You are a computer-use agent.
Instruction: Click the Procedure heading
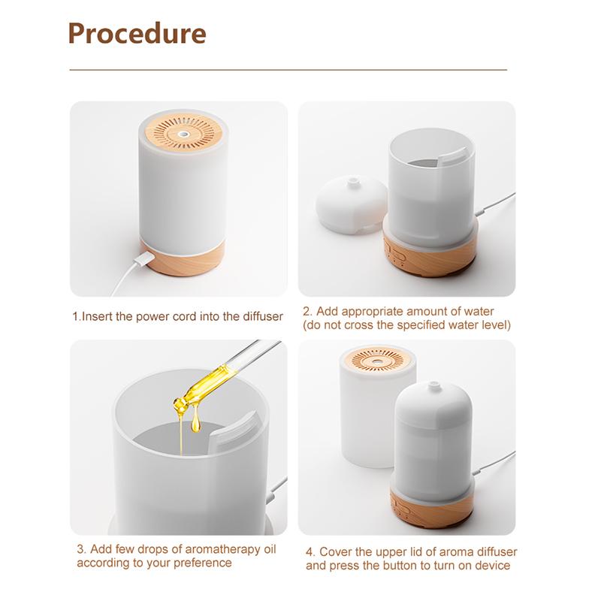[137, 34]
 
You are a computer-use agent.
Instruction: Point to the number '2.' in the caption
[307, 311]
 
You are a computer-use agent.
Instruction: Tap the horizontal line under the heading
[288, 70]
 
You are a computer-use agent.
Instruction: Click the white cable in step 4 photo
[495, 461]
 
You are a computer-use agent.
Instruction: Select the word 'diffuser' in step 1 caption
[261, 316]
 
